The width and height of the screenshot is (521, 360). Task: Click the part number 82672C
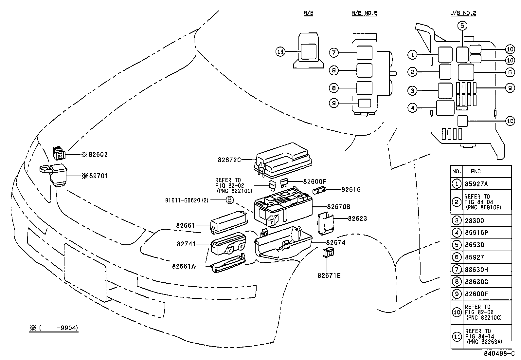coord(229,160)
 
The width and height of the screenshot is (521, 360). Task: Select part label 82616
coord(351,189)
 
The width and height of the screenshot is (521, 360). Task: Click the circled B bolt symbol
coord(230,200)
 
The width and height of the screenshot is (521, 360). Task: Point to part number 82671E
coord(329,275)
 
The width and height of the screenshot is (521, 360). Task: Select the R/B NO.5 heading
coord(365,13)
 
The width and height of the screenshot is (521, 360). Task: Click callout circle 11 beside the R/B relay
coord(280,52)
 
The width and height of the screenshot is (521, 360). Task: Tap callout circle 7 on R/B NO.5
coord(333,53)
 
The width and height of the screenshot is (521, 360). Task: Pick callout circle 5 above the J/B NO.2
coord(462,26)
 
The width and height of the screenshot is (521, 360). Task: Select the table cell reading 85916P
coord(476,233)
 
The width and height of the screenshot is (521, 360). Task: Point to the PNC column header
coord(476,171)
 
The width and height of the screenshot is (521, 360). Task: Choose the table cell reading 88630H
coord(476,270)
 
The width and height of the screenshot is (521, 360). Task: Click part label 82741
coord(186,244)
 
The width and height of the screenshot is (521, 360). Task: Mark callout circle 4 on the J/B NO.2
coord(413,108)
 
